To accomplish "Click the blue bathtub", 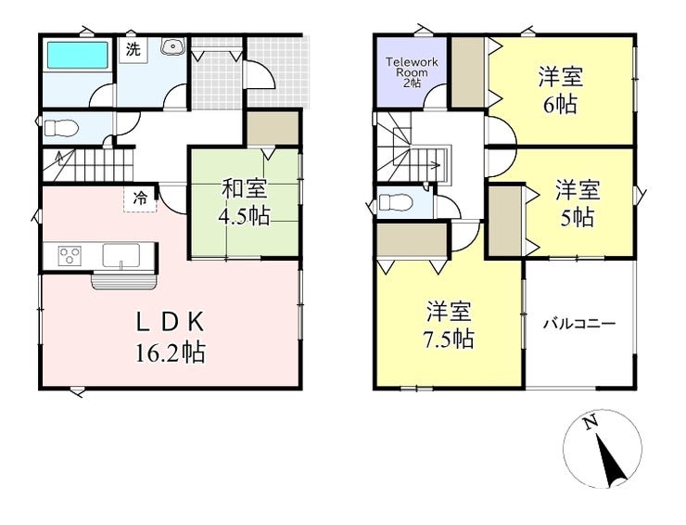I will pos(76,56).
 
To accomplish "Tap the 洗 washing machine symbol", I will pos(134,50).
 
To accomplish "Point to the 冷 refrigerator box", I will pos(140,198).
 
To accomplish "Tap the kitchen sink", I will pos(125,255).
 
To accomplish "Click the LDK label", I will pos(170,323).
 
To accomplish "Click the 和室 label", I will pos(245,190).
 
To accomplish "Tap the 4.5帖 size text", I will pos(245,217).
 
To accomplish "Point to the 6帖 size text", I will pos(560,103).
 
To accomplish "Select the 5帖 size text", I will pos(577,218).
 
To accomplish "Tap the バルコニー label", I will pos(579,325).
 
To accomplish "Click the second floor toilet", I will pos(393,201).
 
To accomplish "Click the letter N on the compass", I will pos(591,423).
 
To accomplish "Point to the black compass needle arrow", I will pos(610,463).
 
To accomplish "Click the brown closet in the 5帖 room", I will pos(505,221).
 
